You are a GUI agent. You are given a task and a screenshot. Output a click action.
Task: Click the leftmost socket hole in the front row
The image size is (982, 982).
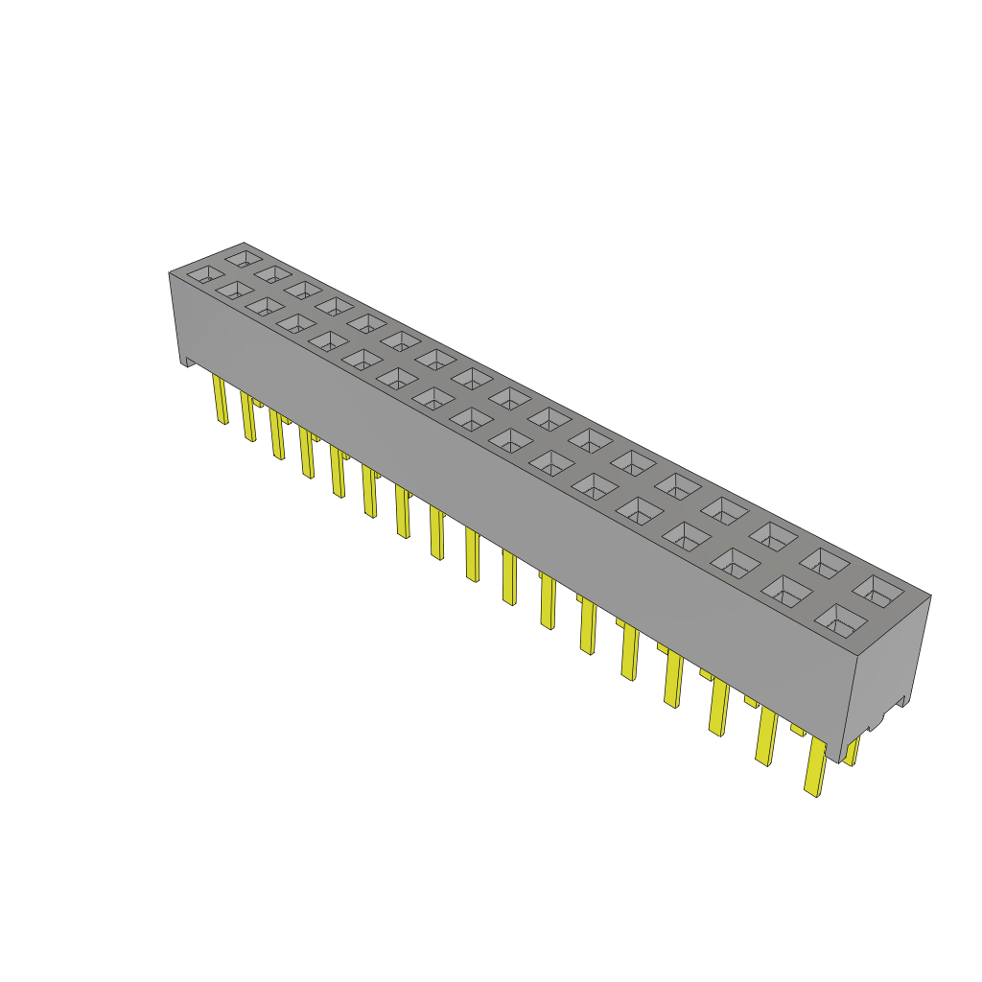tap(204, 274)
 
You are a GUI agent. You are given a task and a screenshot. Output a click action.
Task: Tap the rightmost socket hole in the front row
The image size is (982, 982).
tap(840, 621)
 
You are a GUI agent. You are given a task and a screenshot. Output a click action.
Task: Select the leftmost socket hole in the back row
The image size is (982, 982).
tap(244, 257)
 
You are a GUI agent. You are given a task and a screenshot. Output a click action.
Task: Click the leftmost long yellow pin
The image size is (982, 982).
tap(220, 399)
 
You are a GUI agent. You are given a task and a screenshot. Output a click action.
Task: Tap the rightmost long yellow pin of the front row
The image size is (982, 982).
tap(815, 766)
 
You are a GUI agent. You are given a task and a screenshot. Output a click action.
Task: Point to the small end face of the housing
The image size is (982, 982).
tap(887, 671)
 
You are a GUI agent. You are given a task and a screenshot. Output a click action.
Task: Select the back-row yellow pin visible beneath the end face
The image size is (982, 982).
tap(853, 749)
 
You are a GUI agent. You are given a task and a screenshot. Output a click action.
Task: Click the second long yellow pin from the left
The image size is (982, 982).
tap(248, 416)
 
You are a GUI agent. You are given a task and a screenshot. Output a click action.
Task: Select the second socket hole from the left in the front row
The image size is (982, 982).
tap(234, 289)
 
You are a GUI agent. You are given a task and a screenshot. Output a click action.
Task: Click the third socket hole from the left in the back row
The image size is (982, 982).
tap(303, 289)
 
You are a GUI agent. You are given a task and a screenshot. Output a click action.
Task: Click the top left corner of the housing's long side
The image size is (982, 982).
tap(169, 273)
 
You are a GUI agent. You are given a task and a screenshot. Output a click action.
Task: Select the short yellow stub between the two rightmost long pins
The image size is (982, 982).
tap(798, 730)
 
